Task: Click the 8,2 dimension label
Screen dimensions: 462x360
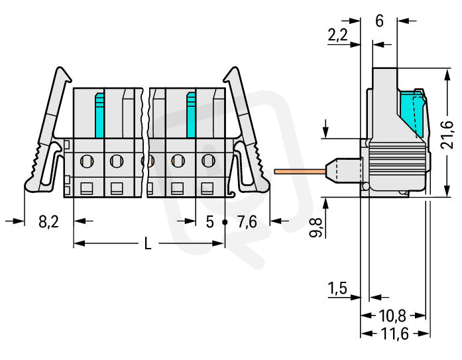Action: click(x=48, y=222)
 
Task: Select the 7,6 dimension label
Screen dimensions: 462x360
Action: click(x=247, y=222)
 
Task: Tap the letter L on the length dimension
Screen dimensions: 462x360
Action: click(x=148, y=243)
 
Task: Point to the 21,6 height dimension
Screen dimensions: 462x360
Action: click(x=447, y=135)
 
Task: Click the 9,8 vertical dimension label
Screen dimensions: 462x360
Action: click(x=316, y=228)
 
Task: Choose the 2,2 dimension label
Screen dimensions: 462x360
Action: click(x=337, y=35)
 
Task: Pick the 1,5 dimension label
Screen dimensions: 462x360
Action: click(x=337, y=288)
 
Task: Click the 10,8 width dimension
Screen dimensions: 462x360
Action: click(x=392, y=316)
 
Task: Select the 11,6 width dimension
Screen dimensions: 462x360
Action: click(x=395, y=333)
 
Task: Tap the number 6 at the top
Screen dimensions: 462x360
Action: click(x=380, y=21)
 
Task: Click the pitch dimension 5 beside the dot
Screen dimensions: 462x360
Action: click(x=209, y=222)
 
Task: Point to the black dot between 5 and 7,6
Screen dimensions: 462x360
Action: click(x=225, y=222)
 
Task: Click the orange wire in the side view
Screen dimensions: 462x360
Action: click(x=300, y=172)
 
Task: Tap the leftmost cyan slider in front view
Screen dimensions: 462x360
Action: click(x=99, y=115)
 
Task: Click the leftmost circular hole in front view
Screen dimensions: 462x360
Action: click(x=87, y=161)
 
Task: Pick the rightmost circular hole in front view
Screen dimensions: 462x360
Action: click(x=208, y=160)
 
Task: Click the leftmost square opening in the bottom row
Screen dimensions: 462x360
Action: click(x=87, y=188)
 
